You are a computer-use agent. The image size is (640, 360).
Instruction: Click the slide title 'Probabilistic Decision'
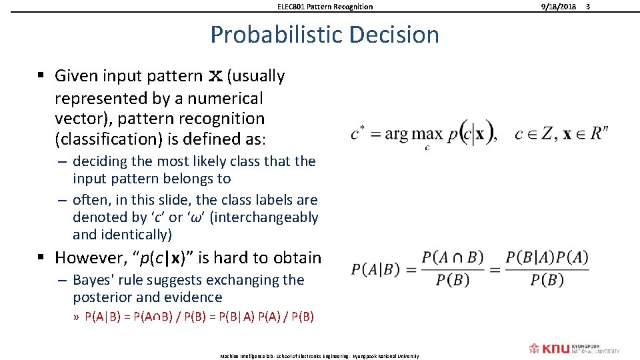tap(325, 35)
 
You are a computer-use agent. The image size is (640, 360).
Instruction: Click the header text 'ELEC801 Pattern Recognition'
tap(325, 7)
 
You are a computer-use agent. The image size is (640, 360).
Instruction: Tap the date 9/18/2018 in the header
tap(558, 7)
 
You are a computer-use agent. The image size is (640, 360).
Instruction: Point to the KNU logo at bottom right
tap(574, 349)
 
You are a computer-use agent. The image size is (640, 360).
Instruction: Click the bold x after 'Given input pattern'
tap(215, 77)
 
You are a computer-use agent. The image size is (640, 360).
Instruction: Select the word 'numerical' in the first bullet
tap(225, 99)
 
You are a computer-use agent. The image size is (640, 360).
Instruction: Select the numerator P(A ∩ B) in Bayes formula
tap(453, 257)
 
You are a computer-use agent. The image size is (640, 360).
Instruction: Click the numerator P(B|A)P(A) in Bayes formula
tap(547, 257)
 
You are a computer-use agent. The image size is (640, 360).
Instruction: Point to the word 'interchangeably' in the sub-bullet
tap(264, 217)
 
